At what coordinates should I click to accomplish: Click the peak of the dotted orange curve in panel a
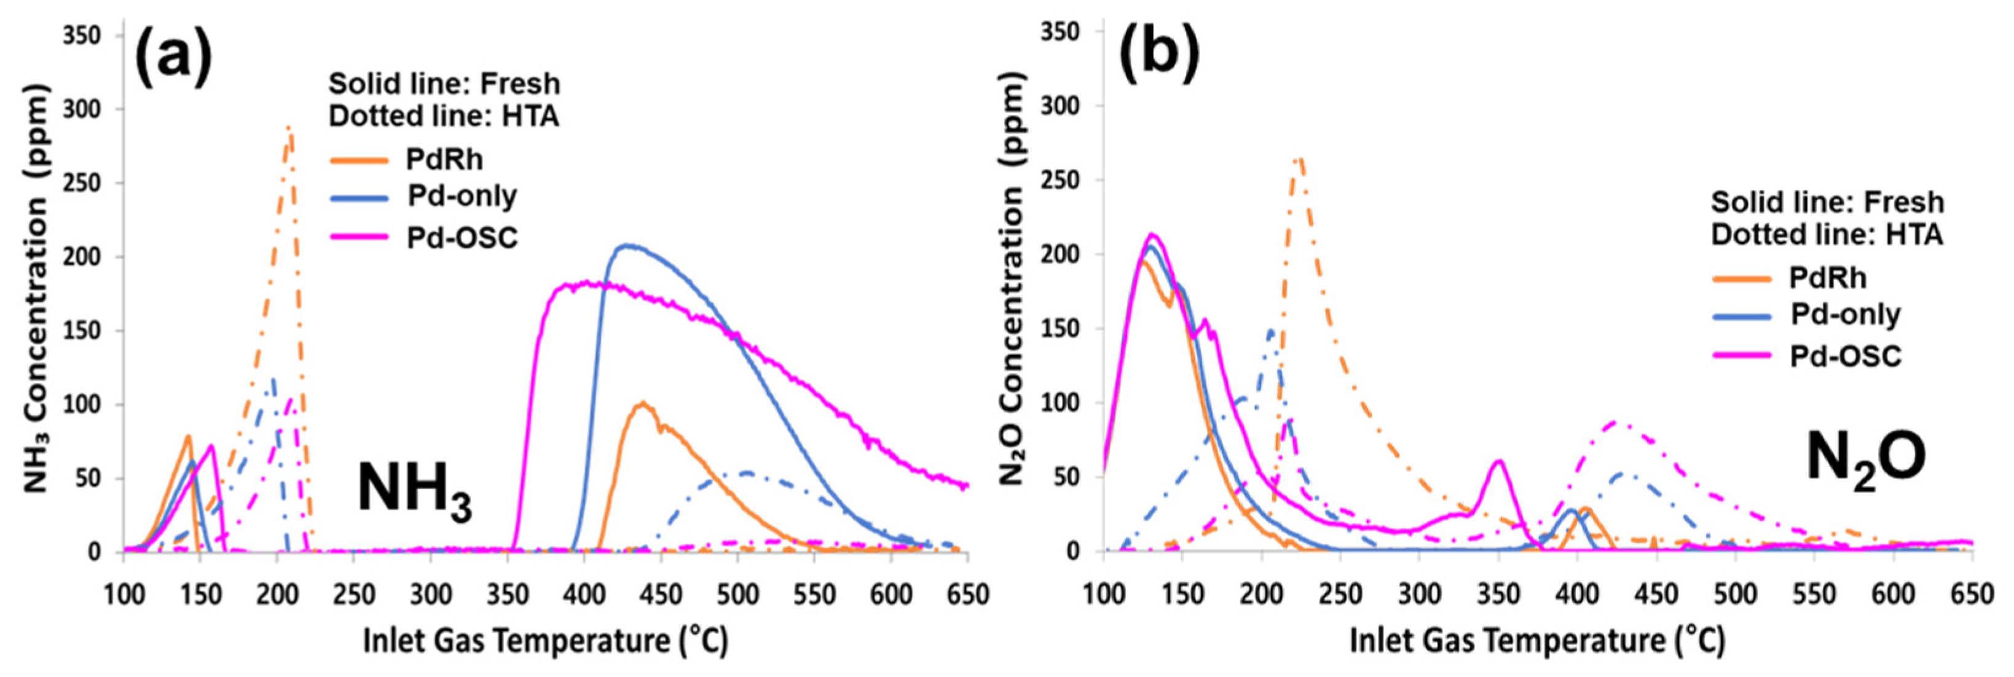[289, 127]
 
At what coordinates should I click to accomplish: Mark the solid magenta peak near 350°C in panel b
[1499, 461]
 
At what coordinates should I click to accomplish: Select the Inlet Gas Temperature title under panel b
[1537, 641]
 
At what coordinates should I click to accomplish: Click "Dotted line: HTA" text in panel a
[443, 115]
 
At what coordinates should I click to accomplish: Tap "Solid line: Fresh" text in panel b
[1827, 203]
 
